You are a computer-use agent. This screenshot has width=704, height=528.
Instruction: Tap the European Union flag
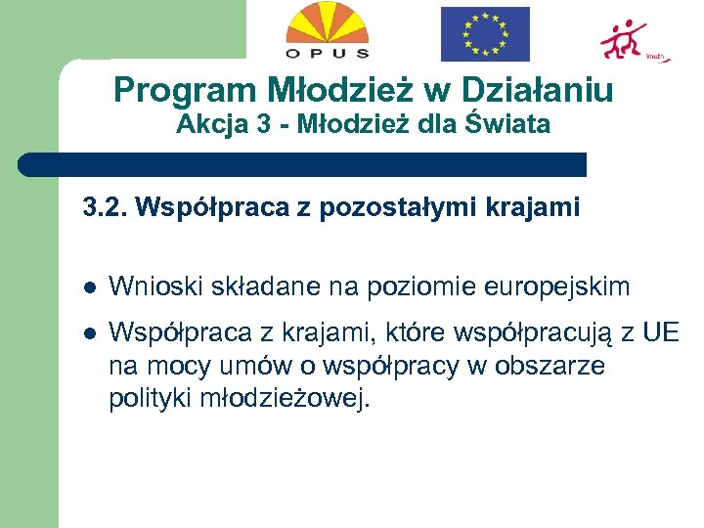click(485, 34)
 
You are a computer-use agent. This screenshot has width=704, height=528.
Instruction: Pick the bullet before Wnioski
click(89, 287)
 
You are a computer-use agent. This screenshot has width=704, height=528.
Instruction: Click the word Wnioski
click(148, 286)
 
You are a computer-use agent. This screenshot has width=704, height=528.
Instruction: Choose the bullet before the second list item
click(89, 333)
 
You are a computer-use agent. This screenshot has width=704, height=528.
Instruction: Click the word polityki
click(145, 399)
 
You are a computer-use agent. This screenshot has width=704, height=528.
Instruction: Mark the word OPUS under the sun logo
click(327, 53)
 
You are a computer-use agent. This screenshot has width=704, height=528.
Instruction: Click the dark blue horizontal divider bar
click(303, 164)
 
